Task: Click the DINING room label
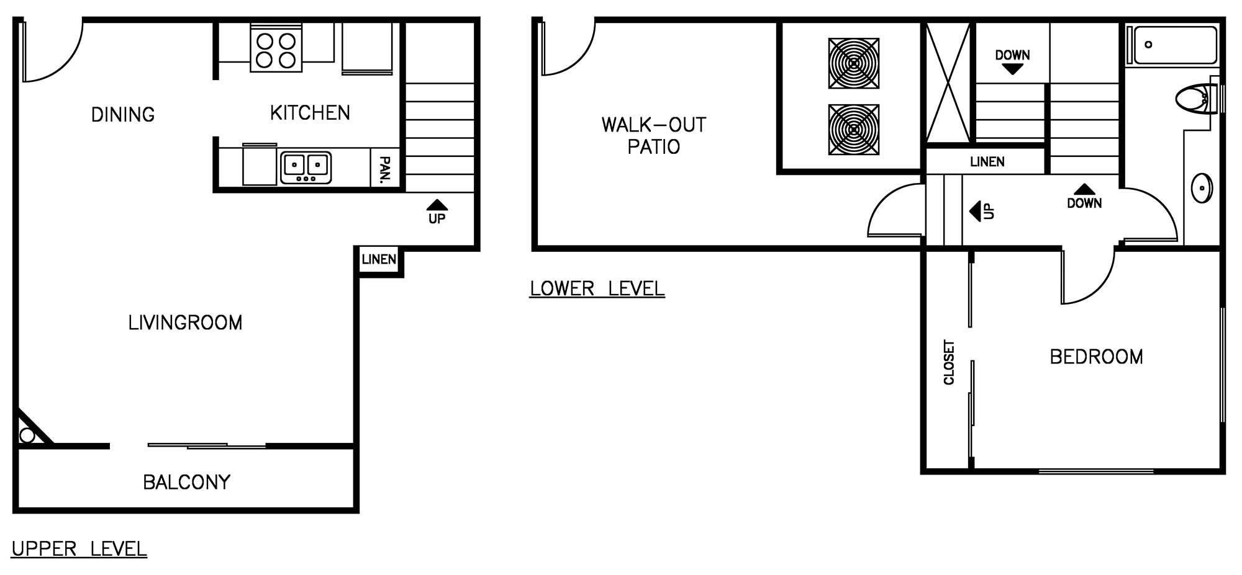pos(123,115)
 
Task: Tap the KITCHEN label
pos(310,113)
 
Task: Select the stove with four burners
pos(276,48)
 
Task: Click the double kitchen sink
pos(306,167)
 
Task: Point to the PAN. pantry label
pos(385,169)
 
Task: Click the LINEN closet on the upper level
pos(379,259)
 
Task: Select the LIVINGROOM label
pos(185,323)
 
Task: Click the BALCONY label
pos(186,482)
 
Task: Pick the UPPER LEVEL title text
pos(79,549)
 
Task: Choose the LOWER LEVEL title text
pos(597,288)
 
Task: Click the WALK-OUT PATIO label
pos(654,136)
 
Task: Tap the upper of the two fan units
pos(854,63)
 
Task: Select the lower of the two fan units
pos(854,130)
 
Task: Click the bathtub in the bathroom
pos(1172,45)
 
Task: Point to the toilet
pos(1197,98)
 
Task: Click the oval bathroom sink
pos(1202,188)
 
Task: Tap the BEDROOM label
pos(1096,357)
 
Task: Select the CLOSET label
pos(949,362)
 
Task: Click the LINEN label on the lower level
pos(987,162)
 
